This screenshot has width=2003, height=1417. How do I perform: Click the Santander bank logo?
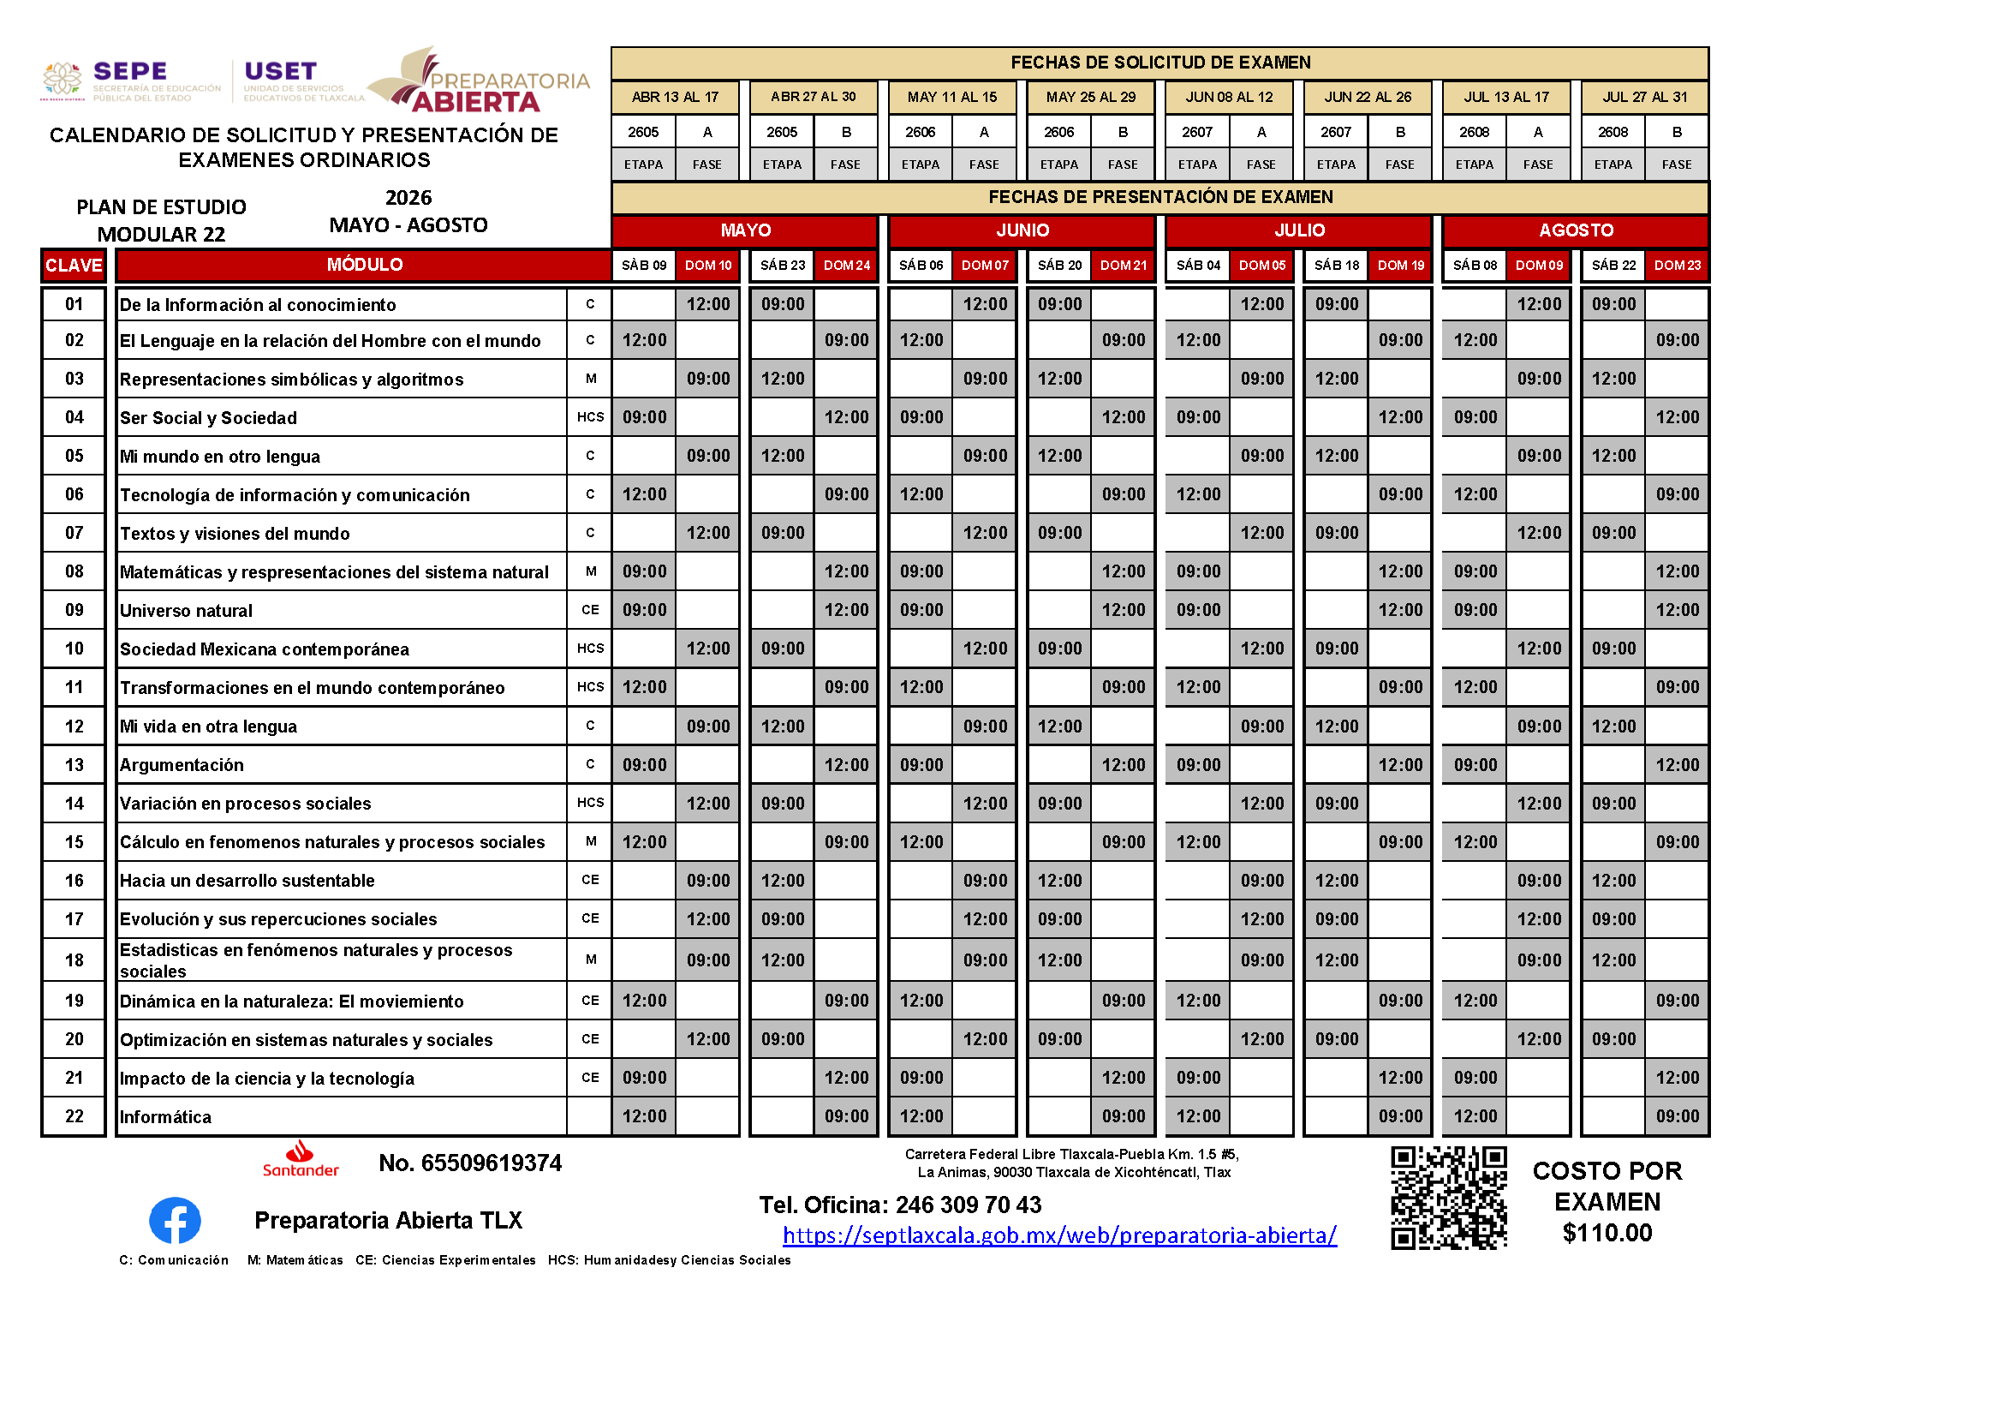click(x=300, y=1160)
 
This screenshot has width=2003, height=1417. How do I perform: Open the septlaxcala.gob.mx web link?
click(x=1059, y=1235)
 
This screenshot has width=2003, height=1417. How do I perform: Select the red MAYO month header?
click(x=745, y=230)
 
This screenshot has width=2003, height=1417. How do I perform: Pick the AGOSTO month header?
click(x=1576, y=230)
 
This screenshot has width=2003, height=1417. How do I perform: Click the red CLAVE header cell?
click(x=75, y=266)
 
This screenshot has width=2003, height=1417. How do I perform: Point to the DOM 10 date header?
click(x=707, y=266)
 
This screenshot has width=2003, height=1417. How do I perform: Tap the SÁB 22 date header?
click(x=1613, y=266)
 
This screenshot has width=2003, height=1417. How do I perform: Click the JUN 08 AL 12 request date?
click(x=1229, y=97)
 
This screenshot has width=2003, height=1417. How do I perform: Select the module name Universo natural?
click(x=186, y=611)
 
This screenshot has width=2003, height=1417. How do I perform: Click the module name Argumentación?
click(x=182, y=765)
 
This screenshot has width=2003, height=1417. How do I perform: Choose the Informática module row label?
click(x=166, y=1117)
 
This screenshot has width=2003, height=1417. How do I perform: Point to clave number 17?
click(x=75, y=918)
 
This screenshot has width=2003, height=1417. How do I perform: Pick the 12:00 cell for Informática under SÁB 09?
click(x=644, y=1116)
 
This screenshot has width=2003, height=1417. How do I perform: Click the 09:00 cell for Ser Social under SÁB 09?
click(x=644, y=417)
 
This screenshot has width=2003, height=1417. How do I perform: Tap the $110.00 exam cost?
click(x=1607, y=1233)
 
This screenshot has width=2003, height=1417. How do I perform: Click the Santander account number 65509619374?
click(x=470, y=1163)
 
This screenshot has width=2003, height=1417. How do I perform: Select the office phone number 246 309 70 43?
click(x=969, y=1205)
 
